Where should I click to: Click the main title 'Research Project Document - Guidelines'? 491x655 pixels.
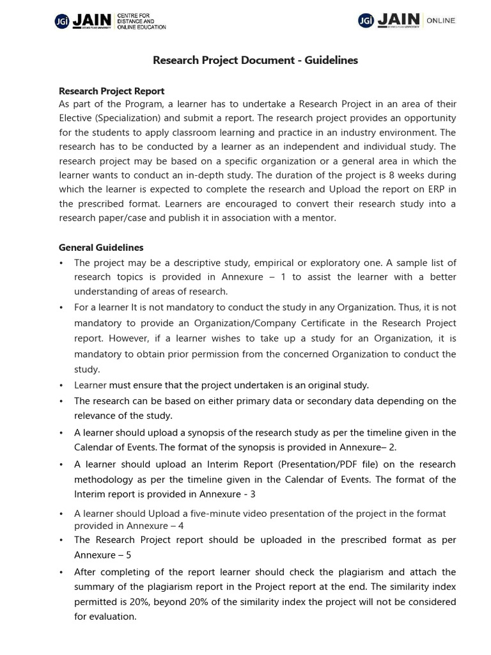[x=255, y=60]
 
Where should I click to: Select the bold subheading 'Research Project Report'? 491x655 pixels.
[x=111, y=91]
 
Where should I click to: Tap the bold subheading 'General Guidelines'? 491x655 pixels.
[x=101, y=248]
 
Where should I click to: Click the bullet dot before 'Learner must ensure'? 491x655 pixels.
[x=61, y=386]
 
